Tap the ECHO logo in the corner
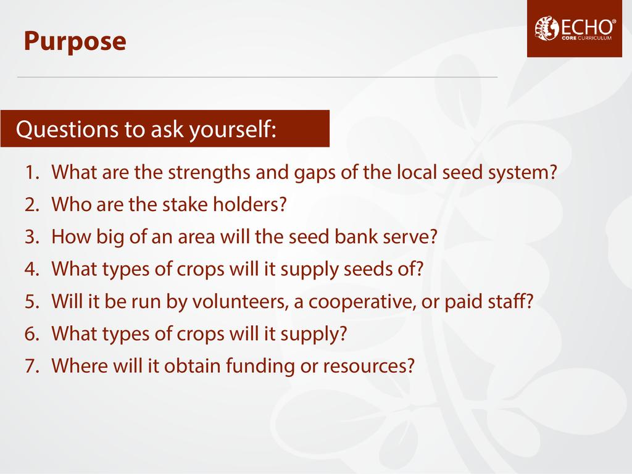[575, 28]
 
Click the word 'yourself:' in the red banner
[233, 130]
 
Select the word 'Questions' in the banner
[67, 130]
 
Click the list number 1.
[32, 173]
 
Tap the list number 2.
[32, 205]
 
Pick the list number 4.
[32, 269]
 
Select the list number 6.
[32, 334]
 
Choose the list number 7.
[32, 366]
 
